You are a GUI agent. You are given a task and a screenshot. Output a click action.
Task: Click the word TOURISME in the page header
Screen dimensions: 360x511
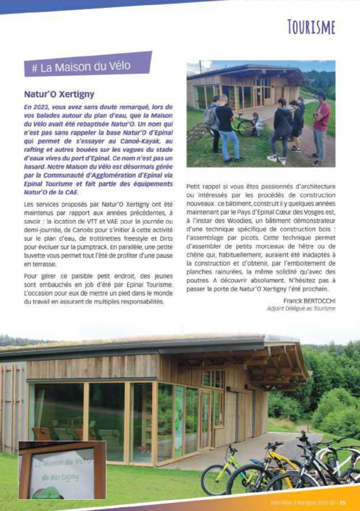311,27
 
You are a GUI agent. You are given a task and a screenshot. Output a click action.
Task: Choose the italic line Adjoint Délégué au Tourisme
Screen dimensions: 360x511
301,309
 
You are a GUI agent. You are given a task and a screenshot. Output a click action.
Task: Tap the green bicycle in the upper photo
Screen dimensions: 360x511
243,124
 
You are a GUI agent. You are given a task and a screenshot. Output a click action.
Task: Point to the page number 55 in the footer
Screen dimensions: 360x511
343,503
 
